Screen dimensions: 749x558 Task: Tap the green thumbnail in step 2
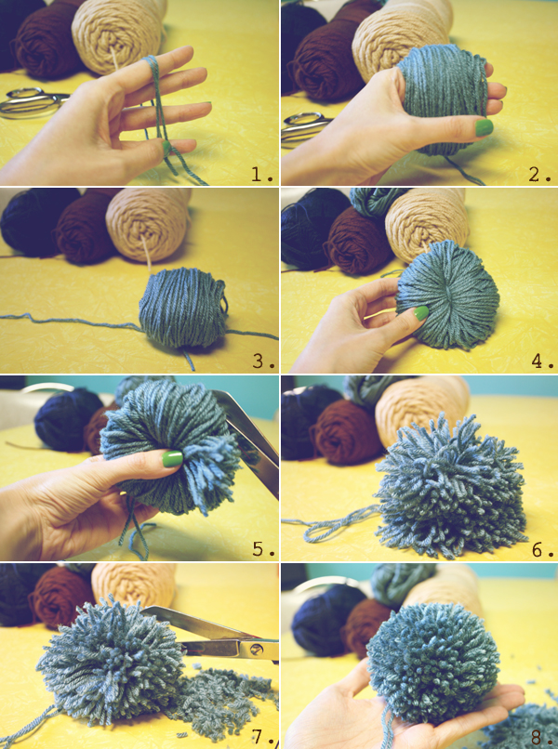pos(484,127)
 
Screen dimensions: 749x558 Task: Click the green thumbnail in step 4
pos(419,314)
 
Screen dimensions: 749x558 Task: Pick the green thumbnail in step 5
pos(173,459)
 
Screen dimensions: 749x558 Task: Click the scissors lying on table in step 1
pos(28,102)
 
